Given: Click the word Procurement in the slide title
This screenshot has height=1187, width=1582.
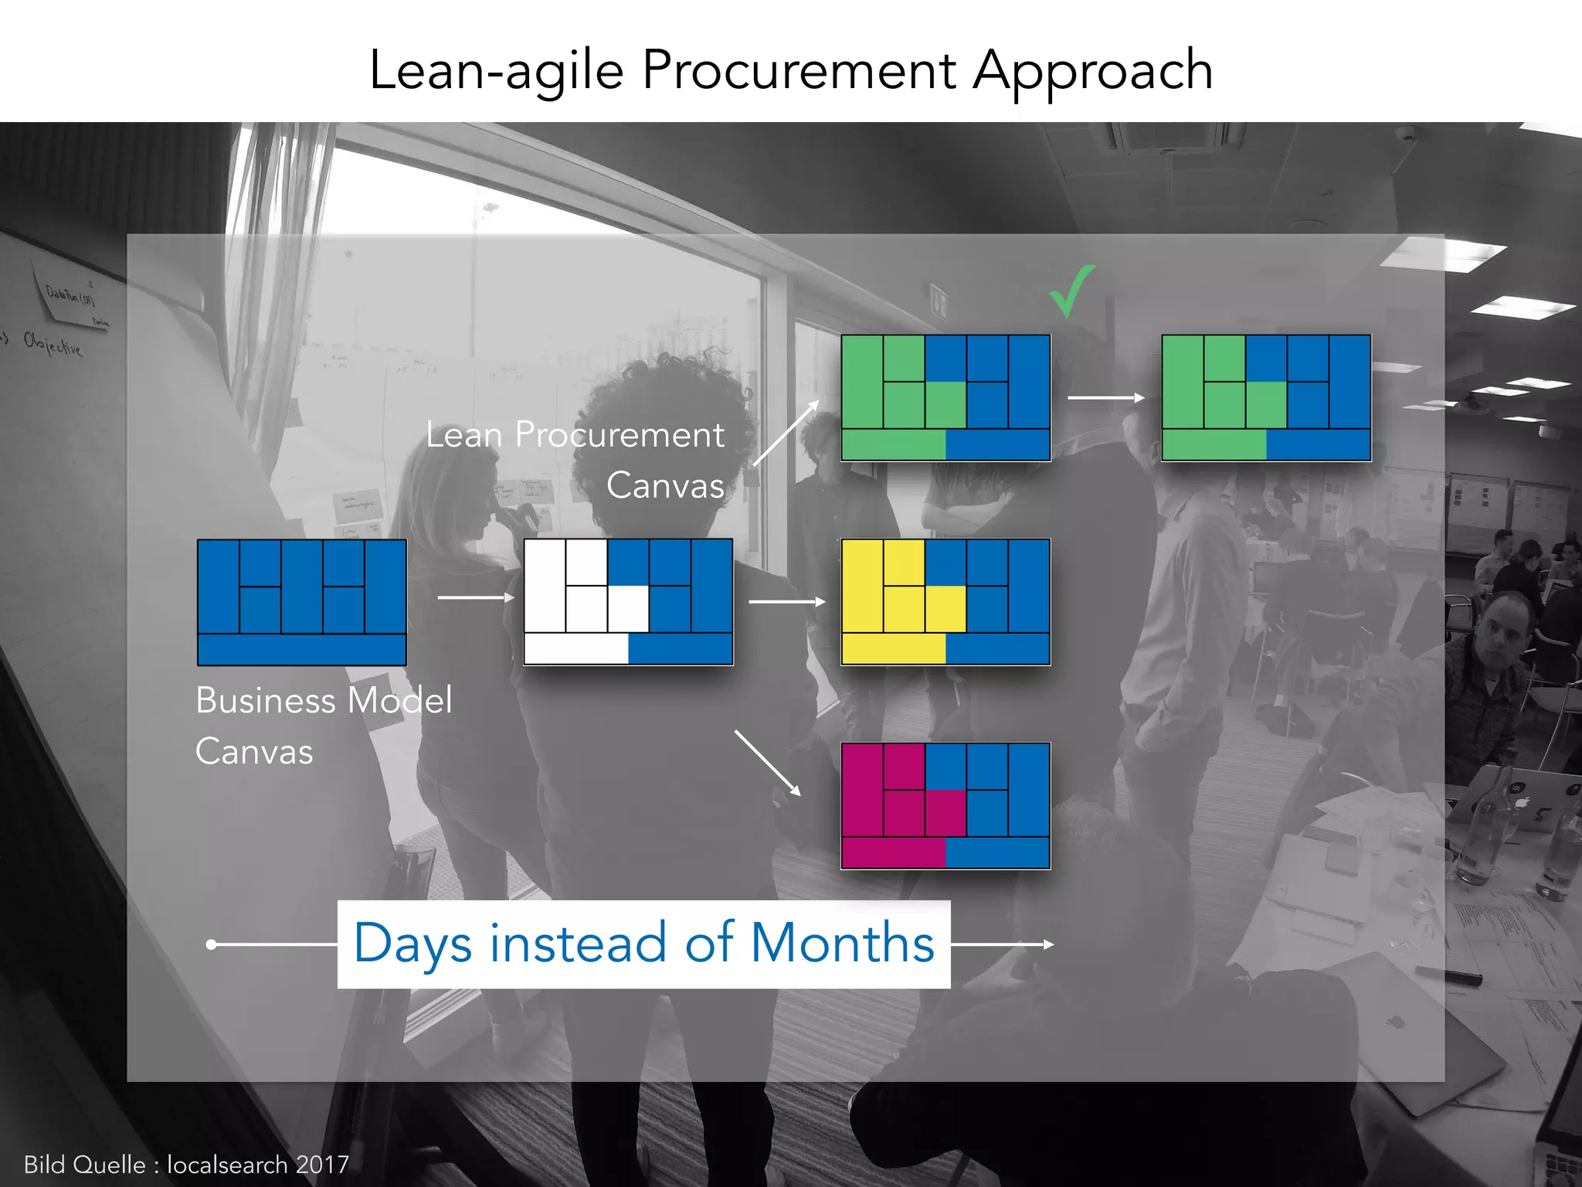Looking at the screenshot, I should point(799,70).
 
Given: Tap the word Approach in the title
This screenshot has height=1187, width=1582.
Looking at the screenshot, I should point(1092,72).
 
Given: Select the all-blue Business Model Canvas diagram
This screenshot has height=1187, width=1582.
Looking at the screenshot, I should point(302,602).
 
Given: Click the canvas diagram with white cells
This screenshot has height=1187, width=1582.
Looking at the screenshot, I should point(628,602).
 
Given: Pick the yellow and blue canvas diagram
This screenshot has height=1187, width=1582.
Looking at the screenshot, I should point(945,602).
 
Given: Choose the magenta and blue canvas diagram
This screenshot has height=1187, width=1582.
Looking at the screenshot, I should point(945,806).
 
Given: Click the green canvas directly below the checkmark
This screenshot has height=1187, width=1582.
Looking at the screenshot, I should point(945,398).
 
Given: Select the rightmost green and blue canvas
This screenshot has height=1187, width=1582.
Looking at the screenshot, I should point(1266,398).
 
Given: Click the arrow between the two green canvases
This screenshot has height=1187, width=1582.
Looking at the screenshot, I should point(1106,398).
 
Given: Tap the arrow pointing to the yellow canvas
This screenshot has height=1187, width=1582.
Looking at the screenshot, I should point(786,601).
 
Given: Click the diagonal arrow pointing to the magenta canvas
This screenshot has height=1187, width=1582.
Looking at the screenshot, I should point(767,763).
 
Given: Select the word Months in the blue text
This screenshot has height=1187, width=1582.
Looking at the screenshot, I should point(842,944).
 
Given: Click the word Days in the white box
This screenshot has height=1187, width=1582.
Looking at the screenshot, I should point(412,944).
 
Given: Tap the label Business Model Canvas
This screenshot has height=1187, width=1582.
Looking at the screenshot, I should point(324,725).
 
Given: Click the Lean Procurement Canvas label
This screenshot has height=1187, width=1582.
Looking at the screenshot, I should point(575,459).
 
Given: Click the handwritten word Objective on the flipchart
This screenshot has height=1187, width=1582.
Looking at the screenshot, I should point(53,344).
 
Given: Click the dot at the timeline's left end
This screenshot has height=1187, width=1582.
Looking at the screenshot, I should point(211,944).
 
